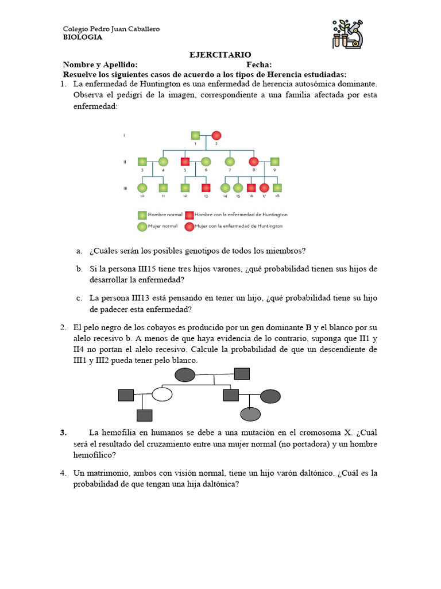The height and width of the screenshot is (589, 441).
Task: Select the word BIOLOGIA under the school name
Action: pos(82,37)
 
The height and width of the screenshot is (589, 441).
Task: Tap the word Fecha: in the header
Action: pos(259,65)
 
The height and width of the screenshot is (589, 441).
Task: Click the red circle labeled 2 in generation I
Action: pos(216,136)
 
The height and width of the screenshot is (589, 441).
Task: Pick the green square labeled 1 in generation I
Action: pos(196,136)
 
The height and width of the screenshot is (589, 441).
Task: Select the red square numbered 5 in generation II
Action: pos(185,162)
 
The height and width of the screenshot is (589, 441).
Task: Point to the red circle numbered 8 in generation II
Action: pos(253,162)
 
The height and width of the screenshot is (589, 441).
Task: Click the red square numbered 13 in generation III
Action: pos(206,188)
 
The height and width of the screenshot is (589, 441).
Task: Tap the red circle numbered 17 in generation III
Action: pos(264,188)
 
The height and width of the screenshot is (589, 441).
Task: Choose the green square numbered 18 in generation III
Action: pos(278,188)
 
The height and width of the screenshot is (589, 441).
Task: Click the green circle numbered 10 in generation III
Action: pos(142,188)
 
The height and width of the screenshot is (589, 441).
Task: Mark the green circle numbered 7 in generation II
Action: pos(230,162)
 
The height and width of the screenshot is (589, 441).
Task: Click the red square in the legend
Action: pos(189,215)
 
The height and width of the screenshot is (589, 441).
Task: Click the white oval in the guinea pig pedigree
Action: pos(163,395)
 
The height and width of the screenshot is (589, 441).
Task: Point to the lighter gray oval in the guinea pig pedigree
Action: pos(250,414)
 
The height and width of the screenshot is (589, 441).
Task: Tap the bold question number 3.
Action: pos(64,433)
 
